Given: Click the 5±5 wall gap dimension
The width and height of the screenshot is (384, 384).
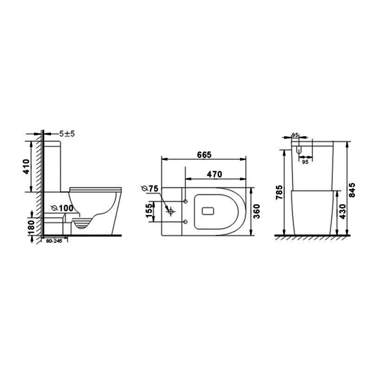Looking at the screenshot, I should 67,133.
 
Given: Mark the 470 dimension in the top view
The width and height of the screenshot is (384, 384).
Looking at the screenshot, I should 214,174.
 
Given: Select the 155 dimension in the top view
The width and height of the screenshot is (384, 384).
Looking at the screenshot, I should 148,210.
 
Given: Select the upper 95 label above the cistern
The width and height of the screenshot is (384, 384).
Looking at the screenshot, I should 295,135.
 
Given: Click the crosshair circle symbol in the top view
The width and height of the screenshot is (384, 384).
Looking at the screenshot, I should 170,211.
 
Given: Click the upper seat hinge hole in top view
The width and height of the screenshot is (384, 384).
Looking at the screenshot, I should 184,199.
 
